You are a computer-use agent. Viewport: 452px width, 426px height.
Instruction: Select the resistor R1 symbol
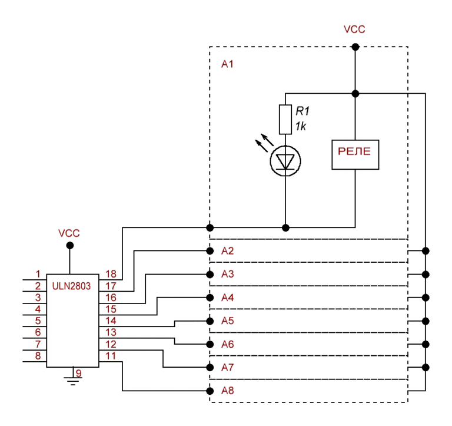[285, 120]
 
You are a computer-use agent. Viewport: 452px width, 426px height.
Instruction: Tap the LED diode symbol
[285, 160]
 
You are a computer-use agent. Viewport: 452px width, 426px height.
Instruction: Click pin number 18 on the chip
[110, 274]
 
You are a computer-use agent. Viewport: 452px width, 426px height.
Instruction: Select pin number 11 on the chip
[110, 355]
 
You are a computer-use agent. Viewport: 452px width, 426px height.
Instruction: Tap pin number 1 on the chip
[38, 274]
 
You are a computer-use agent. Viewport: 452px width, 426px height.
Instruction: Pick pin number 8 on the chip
[38, 355]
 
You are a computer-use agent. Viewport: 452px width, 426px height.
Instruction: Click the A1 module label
[227, 64]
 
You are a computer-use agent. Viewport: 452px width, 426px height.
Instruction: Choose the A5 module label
[227, 321]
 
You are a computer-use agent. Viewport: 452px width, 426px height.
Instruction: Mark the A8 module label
[227, 391]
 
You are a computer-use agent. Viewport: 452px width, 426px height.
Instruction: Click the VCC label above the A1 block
[354, 29]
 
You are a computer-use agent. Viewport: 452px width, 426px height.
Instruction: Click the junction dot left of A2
[210, 251]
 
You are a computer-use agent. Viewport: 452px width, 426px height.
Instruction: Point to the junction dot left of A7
[210, 367]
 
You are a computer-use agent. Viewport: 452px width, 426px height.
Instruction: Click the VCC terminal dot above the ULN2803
[69, 245]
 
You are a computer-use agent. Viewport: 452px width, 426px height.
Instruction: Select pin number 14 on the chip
[110, 321]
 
